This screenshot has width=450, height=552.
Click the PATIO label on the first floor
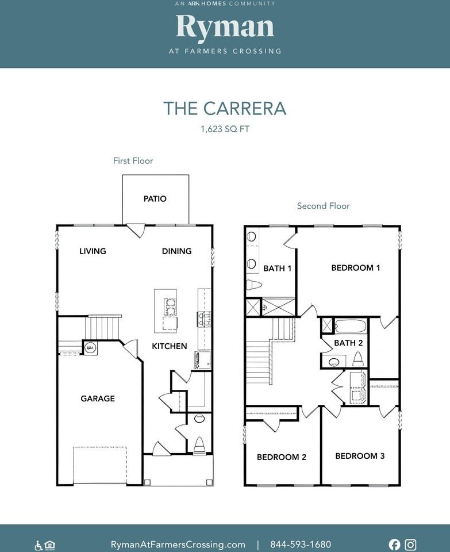pyautogui.click(x=155, y=199)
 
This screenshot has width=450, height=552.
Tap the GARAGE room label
pyautogui.click(x=98, y=398)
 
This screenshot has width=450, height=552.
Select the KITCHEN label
pyautogui.click(x=169, y=346)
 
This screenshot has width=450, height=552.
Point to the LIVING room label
pyautogui.click(x=93, y=251)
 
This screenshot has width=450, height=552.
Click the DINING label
pyautogui.click(x=176, y=251)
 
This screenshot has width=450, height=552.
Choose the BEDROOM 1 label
pyautogui.click(x=356, y=268)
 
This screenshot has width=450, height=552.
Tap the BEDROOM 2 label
pyautogui.click(x=282, y=457)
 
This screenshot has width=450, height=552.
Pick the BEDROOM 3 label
pyautogui.click(x=360, y=456)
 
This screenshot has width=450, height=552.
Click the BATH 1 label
pyautogui.click(x=277, y=269)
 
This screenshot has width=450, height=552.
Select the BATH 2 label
pyautogui.click(x=348, y=343)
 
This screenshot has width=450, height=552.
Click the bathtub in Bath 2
pyautogui.click(x=350, y=327)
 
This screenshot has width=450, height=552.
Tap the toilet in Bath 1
pyautogui.click(x=253, y=285)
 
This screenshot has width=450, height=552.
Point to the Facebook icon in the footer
pyautogui.click(x=394, y=545)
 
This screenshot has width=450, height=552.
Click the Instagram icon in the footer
pyautogui.click(x=410, y=545)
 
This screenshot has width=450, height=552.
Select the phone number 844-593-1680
pyautogui.click(x=301, y=545)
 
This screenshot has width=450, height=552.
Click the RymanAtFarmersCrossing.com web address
pyautogui.click(x=178, y=545)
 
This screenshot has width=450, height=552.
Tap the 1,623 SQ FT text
pyautogui.click(x=225, y=129)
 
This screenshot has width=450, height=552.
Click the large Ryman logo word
pyautogui.click(x=225, y=28)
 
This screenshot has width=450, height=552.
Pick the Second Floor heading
pyautogui.click(x=324, y=206)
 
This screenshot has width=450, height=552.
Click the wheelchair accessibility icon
pyautogui.click(x=39, y=545)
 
